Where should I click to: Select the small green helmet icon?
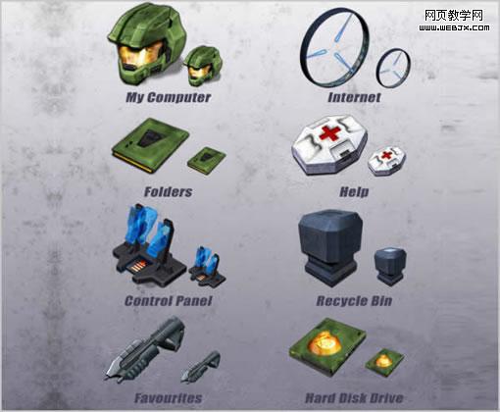click(202, 66)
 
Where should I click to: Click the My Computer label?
click(169, 97)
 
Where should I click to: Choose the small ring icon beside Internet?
click(377, 69)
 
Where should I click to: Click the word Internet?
click(354, 97)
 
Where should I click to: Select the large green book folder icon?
click(150, 144)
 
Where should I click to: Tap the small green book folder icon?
click(207, 160)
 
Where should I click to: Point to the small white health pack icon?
click(386, 160)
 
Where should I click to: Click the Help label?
click(354, 192)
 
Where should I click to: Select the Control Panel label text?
click(169, 301)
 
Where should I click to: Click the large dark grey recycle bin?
click(330, 248)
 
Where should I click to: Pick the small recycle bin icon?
click(390, 266)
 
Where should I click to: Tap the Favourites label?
click(169, 398)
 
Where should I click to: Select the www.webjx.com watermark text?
click(454, 28)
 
